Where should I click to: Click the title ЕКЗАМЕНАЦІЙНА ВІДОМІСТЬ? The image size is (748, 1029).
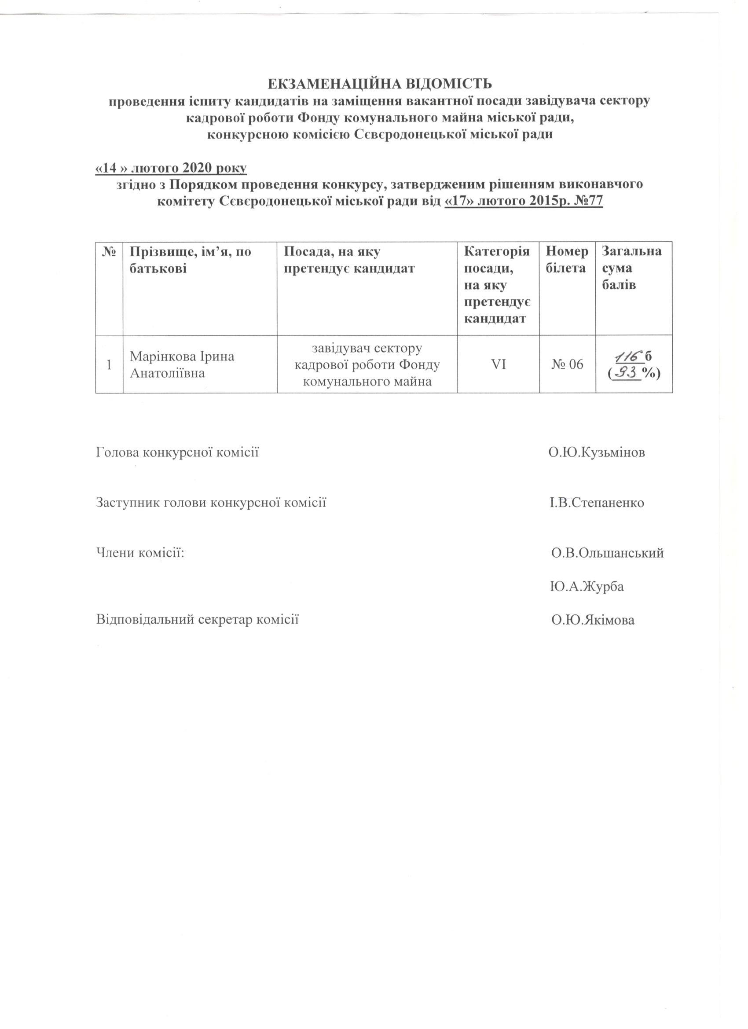point(379,85)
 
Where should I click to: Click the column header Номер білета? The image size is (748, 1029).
point(567,260)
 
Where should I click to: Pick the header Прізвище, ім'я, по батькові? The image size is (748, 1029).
point(191,260)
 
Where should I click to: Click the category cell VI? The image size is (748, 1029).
point(499,364)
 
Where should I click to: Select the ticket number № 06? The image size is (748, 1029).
point(568,364)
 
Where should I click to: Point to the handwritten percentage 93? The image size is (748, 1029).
point(627,373)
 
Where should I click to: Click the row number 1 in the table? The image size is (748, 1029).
point(109,365)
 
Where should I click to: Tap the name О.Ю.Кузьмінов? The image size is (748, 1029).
point(597,452)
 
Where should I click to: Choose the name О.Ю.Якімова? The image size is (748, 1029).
point(593,620)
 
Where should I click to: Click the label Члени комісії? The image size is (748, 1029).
point(141,553)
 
